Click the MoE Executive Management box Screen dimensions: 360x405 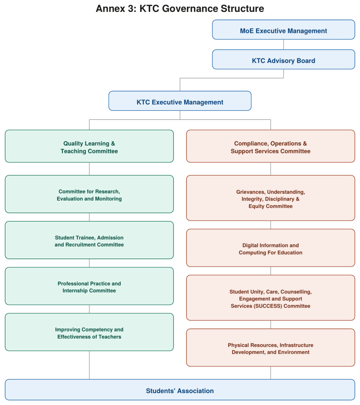coord(284,30)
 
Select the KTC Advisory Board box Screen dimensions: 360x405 coord(284,59)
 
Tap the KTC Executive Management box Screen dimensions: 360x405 coord(180,101)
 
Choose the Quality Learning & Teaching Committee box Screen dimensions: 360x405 coord(89,146)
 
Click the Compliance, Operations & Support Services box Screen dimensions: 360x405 coord(271,146)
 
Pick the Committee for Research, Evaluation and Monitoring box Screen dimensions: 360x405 coord(89,194)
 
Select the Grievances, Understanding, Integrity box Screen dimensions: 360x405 coord(271,198)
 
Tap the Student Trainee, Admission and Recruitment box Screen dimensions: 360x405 coord(89,240)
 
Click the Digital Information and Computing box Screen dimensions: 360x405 coord(271,248)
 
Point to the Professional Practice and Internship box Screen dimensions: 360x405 coord(89,286)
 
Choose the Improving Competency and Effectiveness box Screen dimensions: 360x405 coord(89,332)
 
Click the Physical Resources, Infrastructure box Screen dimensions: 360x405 coord(271,348)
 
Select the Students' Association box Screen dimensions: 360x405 coord(180,390)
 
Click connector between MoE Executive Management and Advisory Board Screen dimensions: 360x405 coord(284,44)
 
